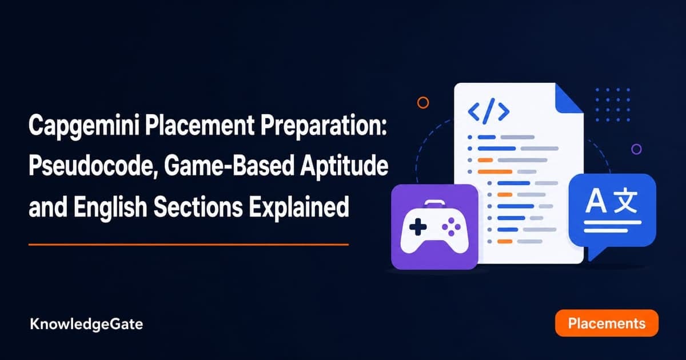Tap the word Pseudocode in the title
coord(91,166)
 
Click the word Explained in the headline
coord(299,207)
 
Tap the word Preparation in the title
coord(324,126)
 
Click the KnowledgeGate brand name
coord(86,324)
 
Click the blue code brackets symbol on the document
coord(489,111)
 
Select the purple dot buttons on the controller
coord(451,227)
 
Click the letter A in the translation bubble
coord(596,201)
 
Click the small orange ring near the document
coord(423,102)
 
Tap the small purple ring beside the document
coord(636,149)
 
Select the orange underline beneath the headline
coord(189,245)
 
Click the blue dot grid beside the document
coord(612,105)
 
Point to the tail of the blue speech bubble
coord(596,253)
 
